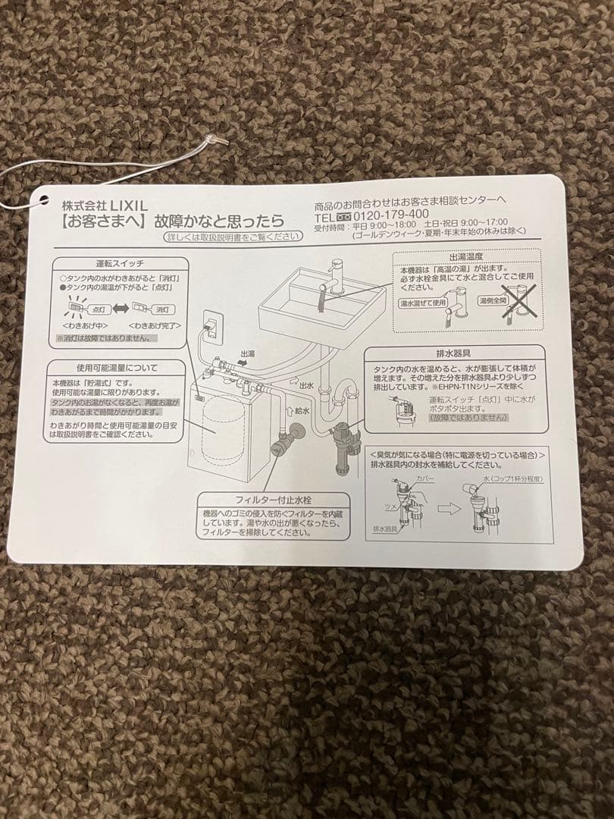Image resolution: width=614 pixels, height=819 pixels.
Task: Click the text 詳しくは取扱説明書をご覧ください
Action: tap(233, 237)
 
